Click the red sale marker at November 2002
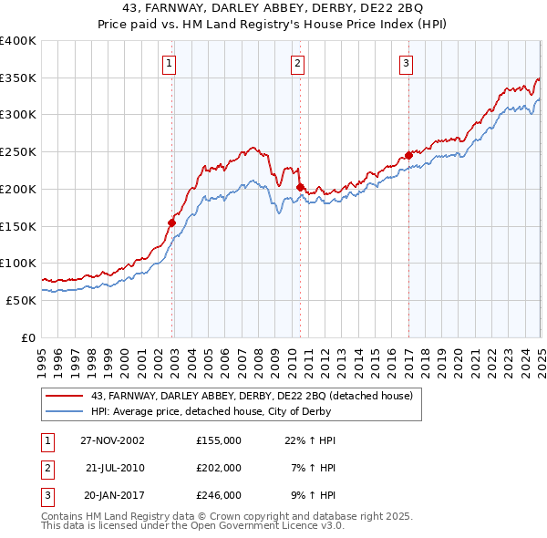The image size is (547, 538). click(x=171, y=222)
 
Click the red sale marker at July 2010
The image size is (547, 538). click(x=299, y=187)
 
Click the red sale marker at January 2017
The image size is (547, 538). click(x=408, y=155)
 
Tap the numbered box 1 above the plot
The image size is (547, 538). click(x=170, y=63)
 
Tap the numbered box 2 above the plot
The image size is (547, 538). click(x=298, y=63)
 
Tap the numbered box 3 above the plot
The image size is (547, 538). click(x=406, y=63)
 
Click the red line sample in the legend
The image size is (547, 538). click(x=65, y=396)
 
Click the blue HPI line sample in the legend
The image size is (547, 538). click(x=65, y=411)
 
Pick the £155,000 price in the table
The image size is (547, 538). click(x=219, y=440)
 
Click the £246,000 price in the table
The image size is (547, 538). click(x=219, y=495)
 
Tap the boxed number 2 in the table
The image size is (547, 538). click(x=46, y=468)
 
